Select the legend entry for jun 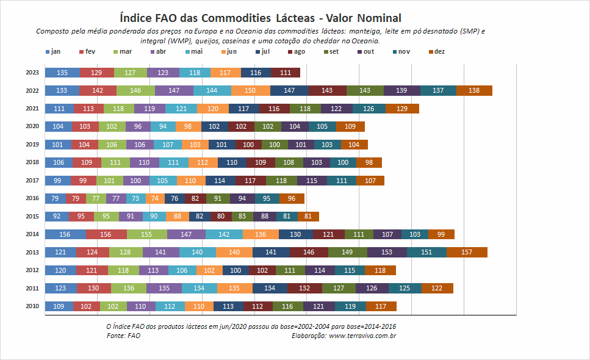click(x=229, y=51)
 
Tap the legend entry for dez click(x=437, y=51)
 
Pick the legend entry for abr click(x=158, y=51)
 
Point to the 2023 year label click(x=32, y=72)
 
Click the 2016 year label click(x=32, y=198)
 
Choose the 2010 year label click(x=32, y=306)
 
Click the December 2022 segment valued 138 click(x=474, y=90)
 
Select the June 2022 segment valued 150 click(x=251, y=90)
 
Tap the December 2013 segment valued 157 click(x=467, y=252)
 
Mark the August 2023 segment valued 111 click(x=285, y=73)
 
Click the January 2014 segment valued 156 click(x=65, y=234)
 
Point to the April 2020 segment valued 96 click(x=138, y=126)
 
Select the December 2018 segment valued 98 click(x=369, y=162)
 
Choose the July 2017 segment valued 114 click(x=220, y=181)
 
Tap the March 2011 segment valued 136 click(x=129, y=288)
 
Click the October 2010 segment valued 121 click(x=318, y=306)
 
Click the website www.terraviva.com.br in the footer click(x=362, y=336)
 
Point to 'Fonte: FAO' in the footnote click(x=123, y=336)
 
